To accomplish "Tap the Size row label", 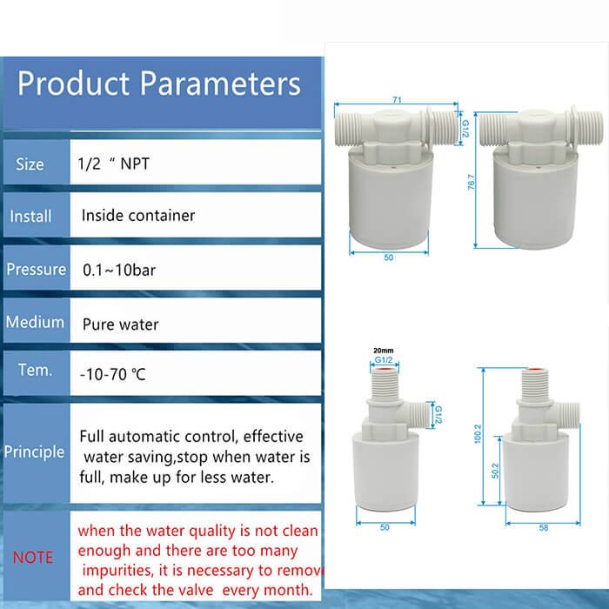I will pos(30,164).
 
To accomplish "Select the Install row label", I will pos(30,216).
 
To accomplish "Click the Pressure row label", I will pos(36,269).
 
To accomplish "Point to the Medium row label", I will pos(35,322).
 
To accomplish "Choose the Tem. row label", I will pos(35,370).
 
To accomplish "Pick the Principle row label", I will pos(35,452).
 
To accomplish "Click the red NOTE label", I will pos(33,557).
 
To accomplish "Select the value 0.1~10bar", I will pos(119,270).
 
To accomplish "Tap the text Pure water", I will pos(121,325).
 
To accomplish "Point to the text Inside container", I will pos(138,215).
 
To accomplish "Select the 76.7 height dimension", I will pos(471,184).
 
